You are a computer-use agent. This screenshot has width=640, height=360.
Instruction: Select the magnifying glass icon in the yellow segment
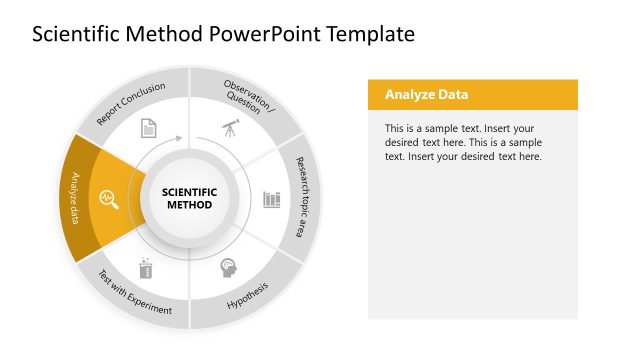(x=107, y=199)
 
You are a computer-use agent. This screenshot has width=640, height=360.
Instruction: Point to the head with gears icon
(x=229, y=268)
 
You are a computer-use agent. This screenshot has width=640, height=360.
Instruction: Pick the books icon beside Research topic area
(x=271, y=198)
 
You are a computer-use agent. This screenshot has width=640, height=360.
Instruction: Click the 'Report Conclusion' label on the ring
(x=131, y=104)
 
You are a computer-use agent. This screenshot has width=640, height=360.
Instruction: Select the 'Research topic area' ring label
(x=299, y=196)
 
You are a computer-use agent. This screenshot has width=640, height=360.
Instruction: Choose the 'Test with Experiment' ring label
(x=134, y=294)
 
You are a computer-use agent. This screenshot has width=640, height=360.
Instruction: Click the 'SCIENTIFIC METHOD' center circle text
(x=189, y=198)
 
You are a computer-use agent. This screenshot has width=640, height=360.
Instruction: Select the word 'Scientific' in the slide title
(x=74, y=34)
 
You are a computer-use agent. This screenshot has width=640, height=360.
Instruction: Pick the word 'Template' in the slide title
(x=365, y=34)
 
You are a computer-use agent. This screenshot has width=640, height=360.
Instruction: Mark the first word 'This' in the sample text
(x=395, y=129)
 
